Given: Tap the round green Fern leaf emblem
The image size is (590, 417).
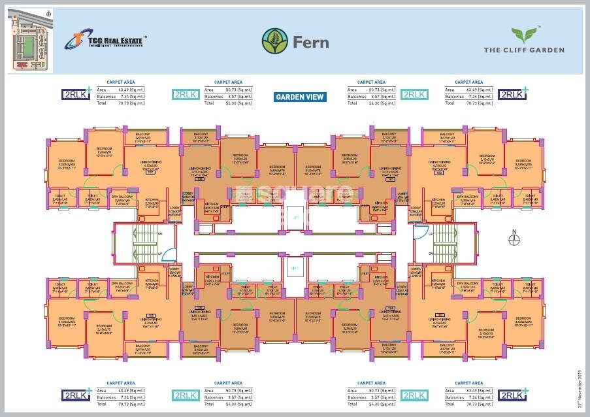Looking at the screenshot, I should (x=274, y=41).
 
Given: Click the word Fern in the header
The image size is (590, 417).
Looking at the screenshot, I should (x=310, y=42).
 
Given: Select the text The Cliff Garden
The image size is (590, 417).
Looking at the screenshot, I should (x=523, y=50).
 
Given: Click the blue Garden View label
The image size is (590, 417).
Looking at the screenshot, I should (x=300, y=97).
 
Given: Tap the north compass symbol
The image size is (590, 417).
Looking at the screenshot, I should (x=514, y=239).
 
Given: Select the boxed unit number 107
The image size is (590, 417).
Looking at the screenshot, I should (x=150, y=173).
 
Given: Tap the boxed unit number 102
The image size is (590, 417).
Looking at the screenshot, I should (x=439, y=173).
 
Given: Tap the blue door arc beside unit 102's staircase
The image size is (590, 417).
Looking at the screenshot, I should (x=423, y=231).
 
